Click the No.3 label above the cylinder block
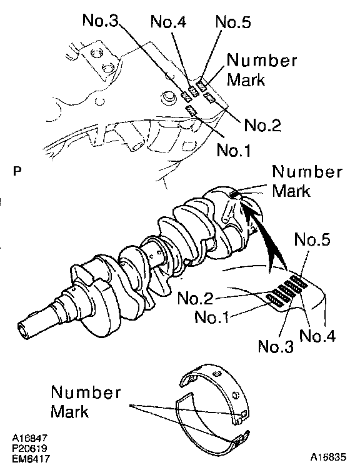coord(100,20)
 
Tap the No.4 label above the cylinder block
coord(168,21)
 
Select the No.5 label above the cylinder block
coord(233,22)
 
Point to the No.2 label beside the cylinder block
coord(262,125)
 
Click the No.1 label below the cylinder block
coord(234,150)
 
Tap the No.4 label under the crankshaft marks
coord(317,336)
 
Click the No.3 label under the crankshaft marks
coord(276,346)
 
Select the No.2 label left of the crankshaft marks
coord(195,298)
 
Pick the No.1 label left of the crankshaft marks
coord(212,317)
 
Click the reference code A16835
coord(328,457)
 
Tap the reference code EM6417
coord(31,459)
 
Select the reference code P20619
coord(29,448)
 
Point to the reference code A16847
coord(29,437)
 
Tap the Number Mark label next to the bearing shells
coord(86,401)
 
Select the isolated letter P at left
coord(17,171)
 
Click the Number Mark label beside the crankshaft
coord(307,181)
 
